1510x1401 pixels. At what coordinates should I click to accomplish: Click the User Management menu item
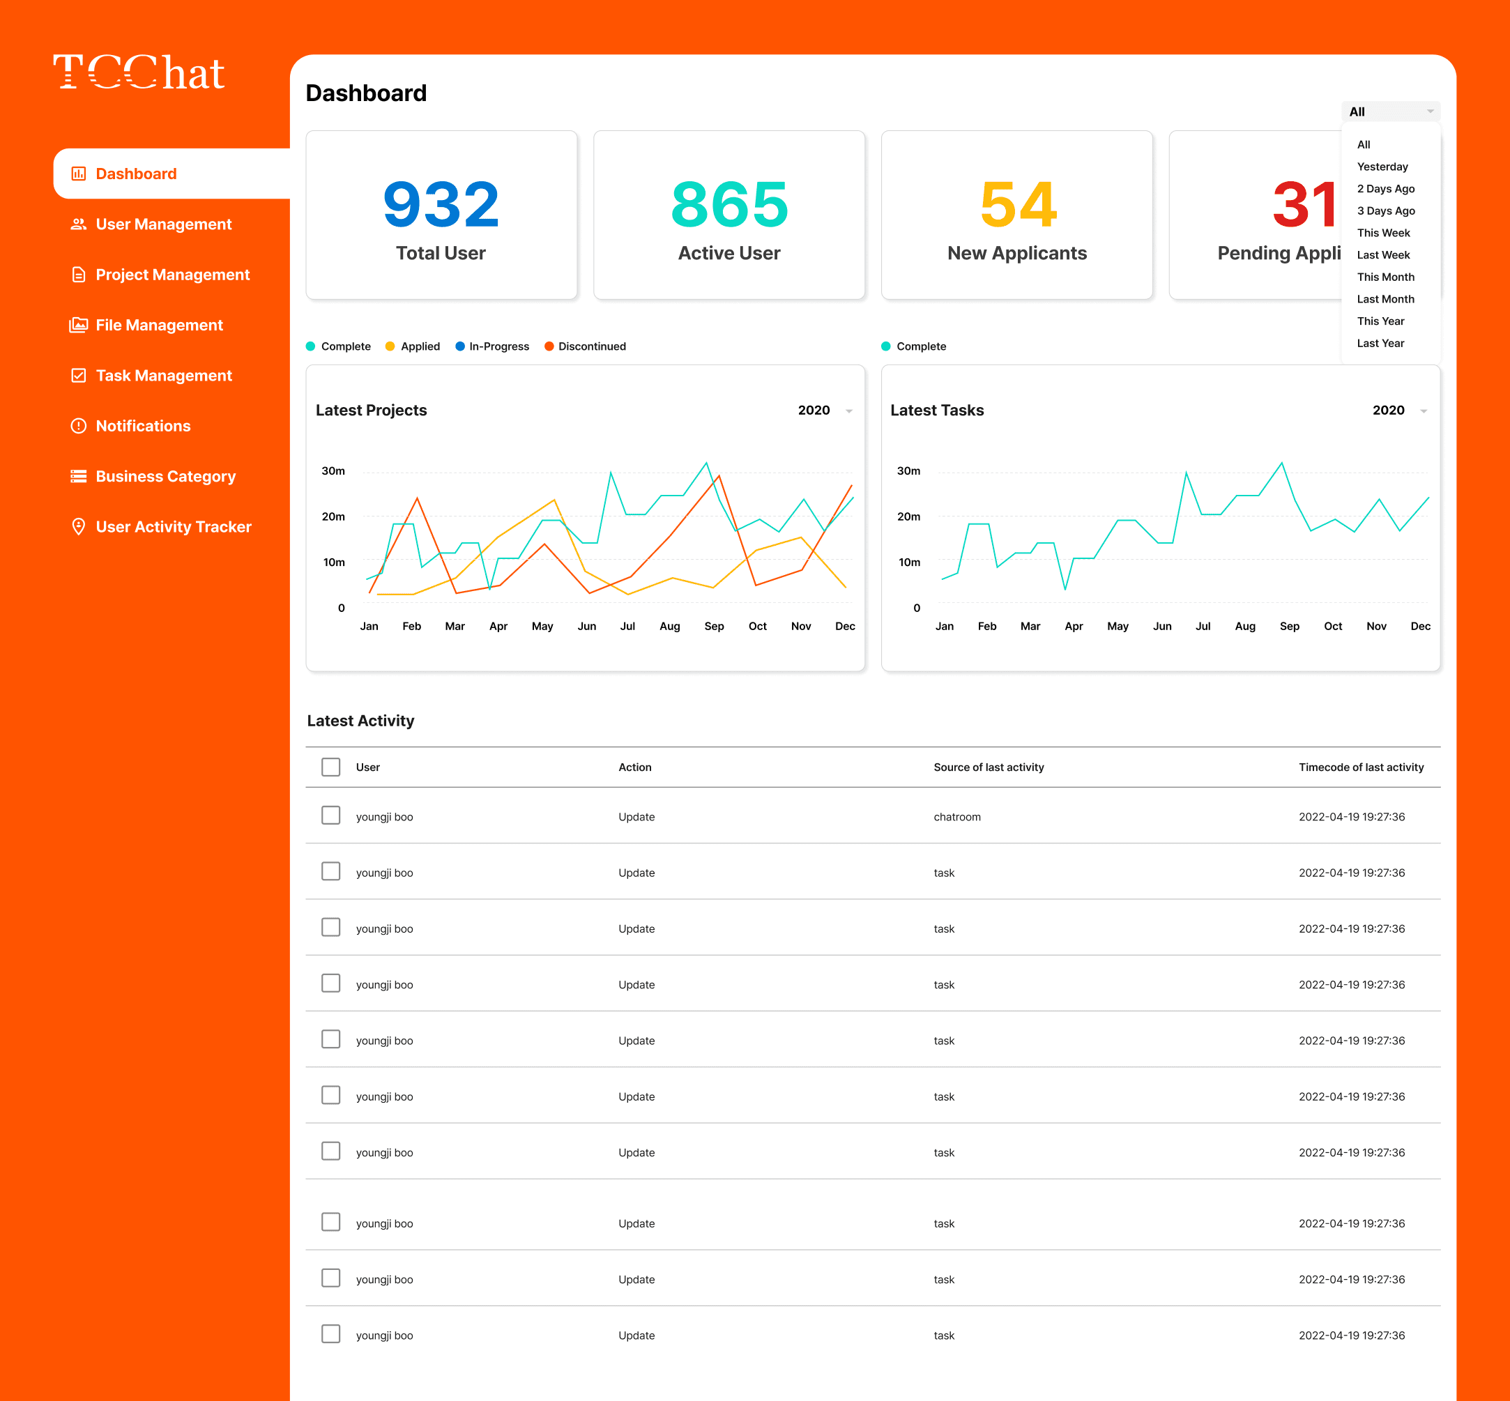[163, 224]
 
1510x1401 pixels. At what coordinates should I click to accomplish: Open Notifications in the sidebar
[143, 426]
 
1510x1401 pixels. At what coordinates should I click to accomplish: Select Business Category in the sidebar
[165, 477]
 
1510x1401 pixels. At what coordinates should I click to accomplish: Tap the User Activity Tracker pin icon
[78, 527]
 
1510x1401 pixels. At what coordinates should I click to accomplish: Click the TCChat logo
[139, 72]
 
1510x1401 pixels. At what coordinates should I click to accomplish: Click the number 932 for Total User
[441, 205]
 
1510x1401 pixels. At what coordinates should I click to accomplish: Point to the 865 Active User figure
[729, 205]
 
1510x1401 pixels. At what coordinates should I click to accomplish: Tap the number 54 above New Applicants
[1017, 205]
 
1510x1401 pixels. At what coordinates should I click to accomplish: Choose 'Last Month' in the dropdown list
[1385, 300]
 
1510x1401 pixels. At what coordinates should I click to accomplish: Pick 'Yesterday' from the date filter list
[1382, 167]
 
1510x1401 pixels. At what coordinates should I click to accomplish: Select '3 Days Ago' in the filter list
[1386, 210]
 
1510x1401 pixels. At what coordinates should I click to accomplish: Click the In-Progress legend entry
[498, 346]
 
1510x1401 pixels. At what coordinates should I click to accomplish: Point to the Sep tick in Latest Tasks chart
[1289, 626]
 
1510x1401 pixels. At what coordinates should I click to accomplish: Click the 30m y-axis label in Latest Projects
[333, 470]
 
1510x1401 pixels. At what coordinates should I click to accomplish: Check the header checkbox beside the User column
[330, 767]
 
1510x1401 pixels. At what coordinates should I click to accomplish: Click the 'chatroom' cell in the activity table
[956, 817]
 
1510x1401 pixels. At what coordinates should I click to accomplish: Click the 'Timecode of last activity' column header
[1361, 767]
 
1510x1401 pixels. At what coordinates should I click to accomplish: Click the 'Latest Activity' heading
[360, 721]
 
